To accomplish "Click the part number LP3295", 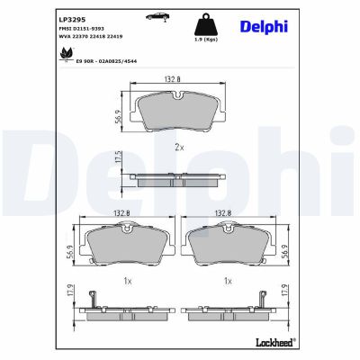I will (71, 17).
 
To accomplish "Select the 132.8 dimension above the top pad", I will (173, 80).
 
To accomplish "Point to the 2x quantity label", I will (178, 147).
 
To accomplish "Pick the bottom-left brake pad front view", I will (127, 243).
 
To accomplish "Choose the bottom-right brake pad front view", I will (229, 243).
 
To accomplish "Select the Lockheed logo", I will (273, 344).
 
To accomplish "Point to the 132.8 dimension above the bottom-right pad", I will (227, 213).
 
